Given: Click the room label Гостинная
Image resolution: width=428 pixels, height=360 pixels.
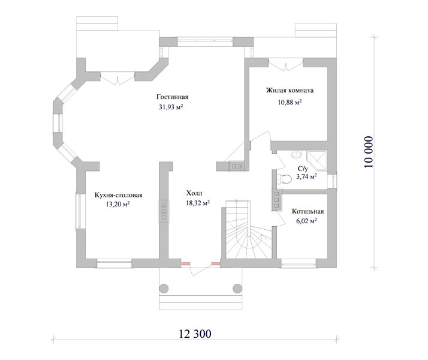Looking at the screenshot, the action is (172, 97).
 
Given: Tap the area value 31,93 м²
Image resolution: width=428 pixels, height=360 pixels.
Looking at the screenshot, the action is (171, 107).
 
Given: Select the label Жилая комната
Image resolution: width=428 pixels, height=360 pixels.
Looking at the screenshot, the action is (290, 90).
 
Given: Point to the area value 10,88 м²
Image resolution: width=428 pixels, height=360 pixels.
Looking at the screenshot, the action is (290, 102).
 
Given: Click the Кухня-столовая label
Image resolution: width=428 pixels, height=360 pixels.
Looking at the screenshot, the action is (119, 195).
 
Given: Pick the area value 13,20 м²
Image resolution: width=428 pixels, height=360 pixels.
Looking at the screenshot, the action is (117, 204).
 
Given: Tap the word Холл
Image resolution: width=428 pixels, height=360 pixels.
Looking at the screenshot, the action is (194, 193).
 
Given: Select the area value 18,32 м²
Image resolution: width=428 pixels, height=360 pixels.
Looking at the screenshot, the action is (198, 203).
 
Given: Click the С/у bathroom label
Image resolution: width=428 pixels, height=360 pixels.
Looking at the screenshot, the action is (303, 169).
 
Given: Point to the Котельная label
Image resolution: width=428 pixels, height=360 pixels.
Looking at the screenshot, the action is (308, 211).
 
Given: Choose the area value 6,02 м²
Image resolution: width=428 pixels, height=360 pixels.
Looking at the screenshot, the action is (306, 221).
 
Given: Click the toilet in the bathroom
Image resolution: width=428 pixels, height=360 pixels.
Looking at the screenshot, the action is (284, 179).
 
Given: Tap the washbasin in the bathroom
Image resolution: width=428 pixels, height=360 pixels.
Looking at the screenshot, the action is (296, 154).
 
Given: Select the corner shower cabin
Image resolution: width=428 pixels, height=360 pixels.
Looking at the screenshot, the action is (317, 161).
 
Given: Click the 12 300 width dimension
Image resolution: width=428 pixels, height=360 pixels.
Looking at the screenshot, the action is (195, 334).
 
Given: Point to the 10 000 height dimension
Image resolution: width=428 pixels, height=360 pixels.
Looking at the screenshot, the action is (368, 152).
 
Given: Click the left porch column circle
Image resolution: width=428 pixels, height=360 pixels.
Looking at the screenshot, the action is (164, 289).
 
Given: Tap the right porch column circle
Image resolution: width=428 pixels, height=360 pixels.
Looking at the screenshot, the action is (237, 289).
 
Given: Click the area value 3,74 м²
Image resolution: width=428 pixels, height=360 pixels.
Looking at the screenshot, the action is (306, 176).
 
